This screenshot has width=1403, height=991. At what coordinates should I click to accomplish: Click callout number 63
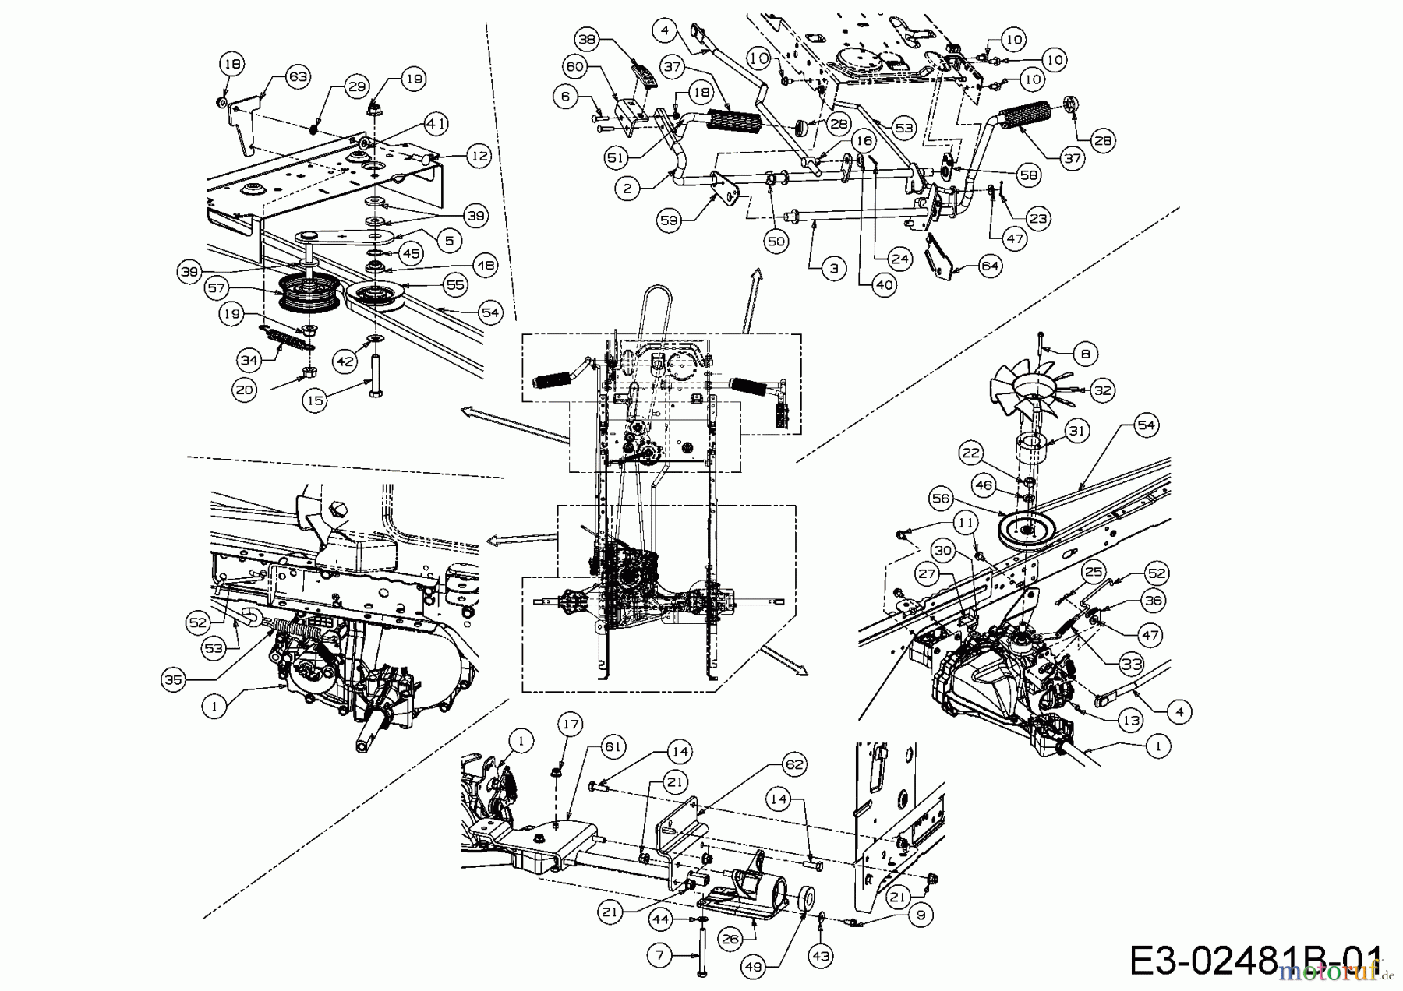tap(298, 76)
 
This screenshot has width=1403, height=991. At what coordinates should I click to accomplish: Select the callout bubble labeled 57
tap(216, 288)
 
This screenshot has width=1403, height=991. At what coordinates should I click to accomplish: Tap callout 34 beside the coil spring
tap(249, 360)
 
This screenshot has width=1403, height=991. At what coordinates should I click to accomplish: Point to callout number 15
tap(315, 400)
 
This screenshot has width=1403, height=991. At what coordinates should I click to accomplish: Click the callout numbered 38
tap(587, 39)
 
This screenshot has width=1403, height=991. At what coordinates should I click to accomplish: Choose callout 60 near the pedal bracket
tap(575, 67)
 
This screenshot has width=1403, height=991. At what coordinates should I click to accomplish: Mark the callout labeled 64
tap(991, 266)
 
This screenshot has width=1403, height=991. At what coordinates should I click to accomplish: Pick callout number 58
tap(1029, 176)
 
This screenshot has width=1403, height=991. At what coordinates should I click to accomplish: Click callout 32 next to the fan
tap(1102, 390)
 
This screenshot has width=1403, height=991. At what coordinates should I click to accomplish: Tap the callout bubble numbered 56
tap(941, 499)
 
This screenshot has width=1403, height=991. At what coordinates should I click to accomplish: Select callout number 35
tap(173, 679)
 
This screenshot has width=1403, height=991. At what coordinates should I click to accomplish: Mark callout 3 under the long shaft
tap(833, 269)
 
